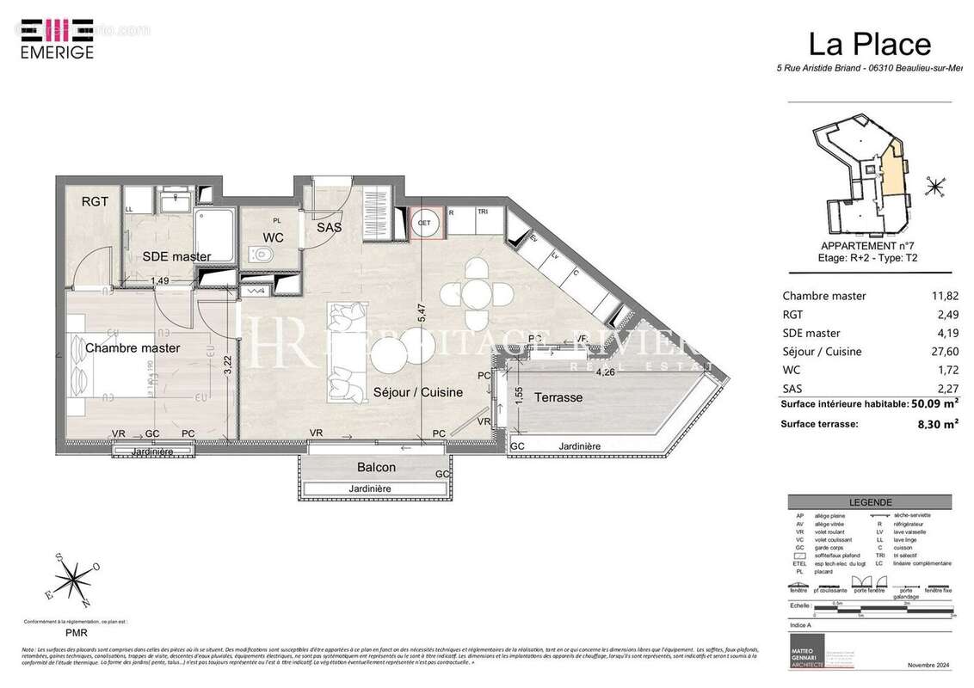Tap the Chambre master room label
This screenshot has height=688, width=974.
[133, 348]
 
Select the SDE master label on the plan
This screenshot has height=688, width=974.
[176, 256]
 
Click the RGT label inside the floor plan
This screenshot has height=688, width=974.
[95, 202]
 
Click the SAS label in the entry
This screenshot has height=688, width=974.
[329, 228]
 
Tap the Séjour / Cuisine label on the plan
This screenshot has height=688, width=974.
[417, 392]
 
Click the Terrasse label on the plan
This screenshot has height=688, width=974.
[558, 397]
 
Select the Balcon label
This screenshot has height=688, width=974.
[376, 467]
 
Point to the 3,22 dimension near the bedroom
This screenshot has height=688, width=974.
[227, 368]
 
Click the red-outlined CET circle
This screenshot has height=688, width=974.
[425, 223]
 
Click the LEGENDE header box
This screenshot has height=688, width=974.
[871, 502]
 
